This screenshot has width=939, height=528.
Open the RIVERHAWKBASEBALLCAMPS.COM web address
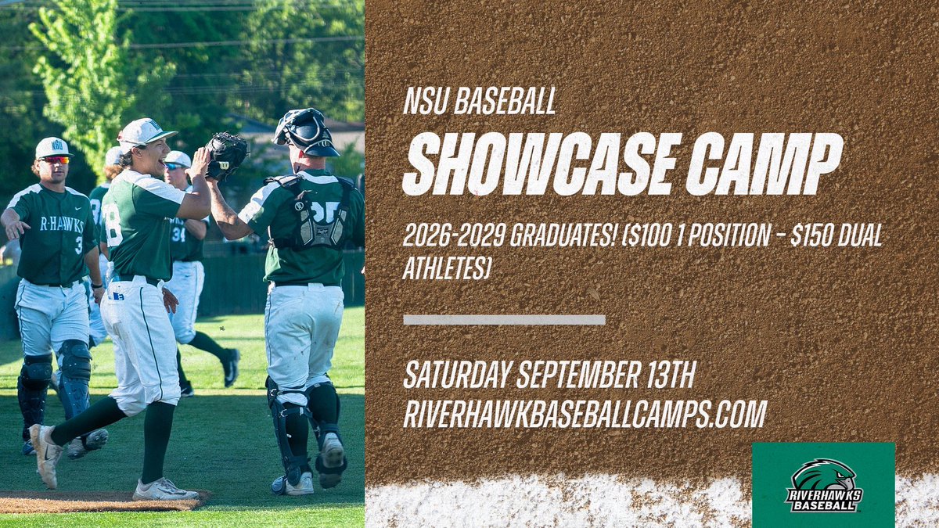(585, 414)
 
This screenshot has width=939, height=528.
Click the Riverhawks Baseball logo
(822, 486)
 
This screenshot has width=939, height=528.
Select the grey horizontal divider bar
(504, 319)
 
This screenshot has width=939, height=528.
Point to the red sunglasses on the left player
(55, 160)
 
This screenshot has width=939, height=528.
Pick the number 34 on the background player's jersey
(178, 232)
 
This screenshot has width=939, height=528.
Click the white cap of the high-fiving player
(145, 132)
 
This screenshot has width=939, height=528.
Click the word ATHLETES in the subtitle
(446, 269)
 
